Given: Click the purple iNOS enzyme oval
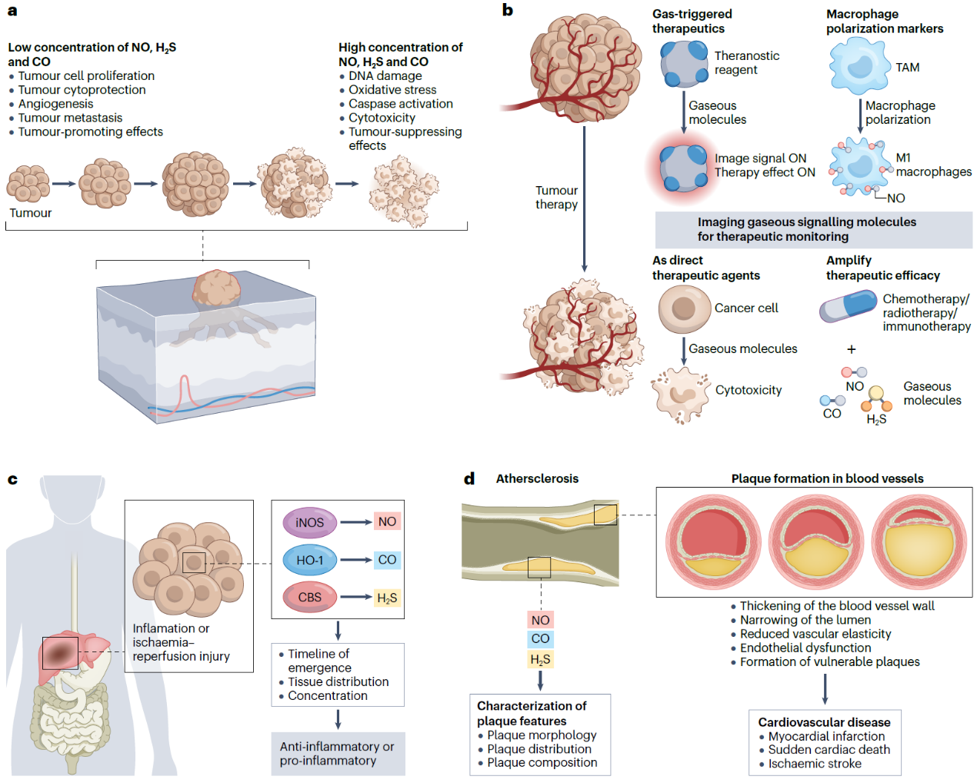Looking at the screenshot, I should tap(309, 522).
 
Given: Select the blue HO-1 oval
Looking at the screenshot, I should tap(309, 560).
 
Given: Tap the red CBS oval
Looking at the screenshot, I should tap(309, 597).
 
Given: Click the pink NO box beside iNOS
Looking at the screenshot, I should tap(387, 521).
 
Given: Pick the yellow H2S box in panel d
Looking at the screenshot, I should tap(540, 659).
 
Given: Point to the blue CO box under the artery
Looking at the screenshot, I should tap(540, 638).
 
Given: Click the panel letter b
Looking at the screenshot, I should tap(507, 10).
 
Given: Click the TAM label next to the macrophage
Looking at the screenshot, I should tap(907, 68).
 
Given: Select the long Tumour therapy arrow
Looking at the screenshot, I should tap(584, 198).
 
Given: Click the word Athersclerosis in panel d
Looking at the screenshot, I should tap(537, 478).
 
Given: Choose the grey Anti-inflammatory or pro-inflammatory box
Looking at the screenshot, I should tap(338, 753).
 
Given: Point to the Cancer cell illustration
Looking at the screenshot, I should tap(684, 308).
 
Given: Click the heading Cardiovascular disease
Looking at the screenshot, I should tap(824, 722).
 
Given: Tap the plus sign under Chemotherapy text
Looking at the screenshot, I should tap(851, 349).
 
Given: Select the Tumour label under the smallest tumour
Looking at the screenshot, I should tap(31, 213).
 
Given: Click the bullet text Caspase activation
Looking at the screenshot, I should tap(400, 104).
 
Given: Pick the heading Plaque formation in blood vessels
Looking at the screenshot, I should tap(827, 478).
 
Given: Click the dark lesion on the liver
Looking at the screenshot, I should tap(60, 653).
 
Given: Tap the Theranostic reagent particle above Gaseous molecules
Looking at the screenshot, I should tap(684, 63).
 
